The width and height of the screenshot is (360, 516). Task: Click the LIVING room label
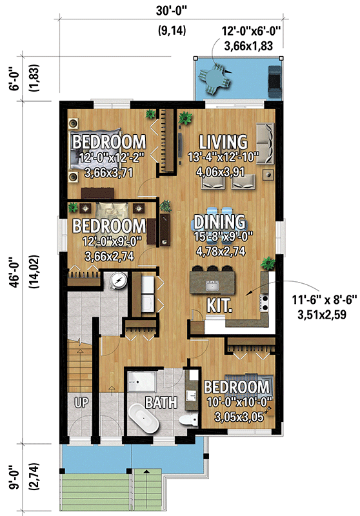[x=223, y=141]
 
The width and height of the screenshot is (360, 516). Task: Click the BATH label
[x=161, y=404]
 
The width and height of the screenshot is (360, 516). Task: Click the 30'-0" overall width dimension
[x=170, y=10]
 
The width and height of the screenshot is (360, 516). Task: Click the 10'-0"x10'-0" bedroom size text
[x=235, y=401]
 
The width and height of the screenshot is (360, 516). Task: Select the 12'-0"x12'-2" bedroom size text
[x=108, y=158]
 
